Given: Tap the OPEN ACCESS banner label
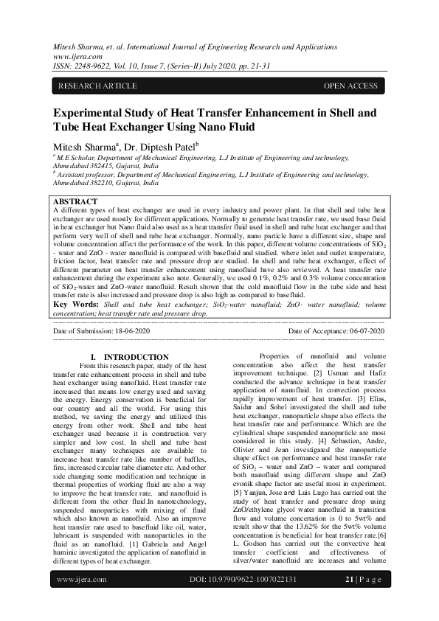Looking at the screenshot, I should pyautogui.click(x=350, y=86).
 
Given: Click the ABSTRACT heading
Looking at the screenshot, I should pyautogui.click(x=75, y=201).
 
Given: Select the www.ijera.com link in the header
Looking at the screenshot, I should pyautogui.click(x=72, y=55).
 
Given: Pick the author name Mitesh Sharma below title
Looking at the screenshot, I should pyautogui.click(x=85, y=147).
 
